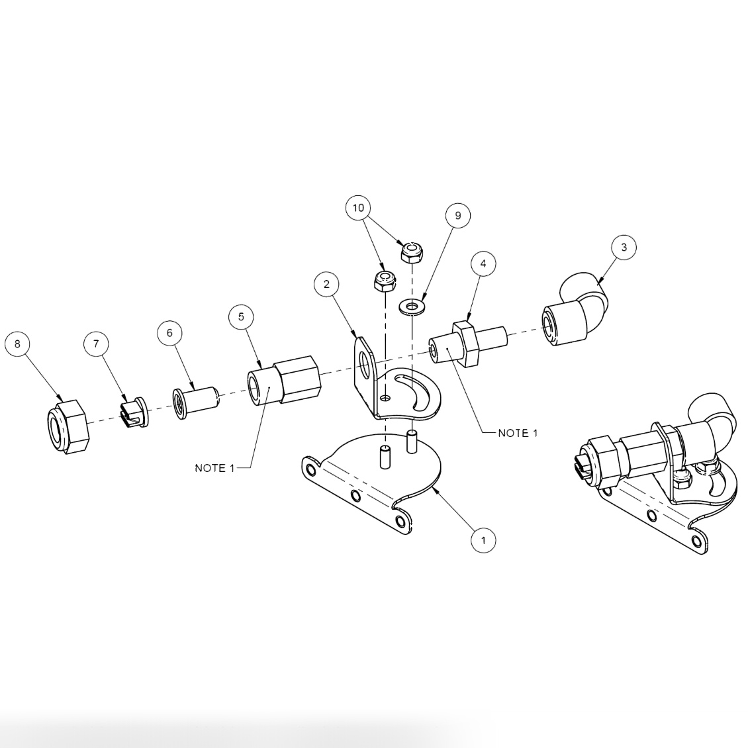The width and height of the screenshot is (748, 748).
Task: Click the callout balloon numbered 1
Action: coord(483,539)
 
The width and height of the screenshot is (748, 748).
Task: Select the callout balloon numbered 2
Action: coord(326,284)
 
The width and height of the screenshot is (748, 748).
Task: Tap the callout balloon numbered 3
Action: coord(624,248)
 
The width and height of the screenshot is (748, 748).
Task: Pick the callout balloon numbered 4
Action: coord(483,263)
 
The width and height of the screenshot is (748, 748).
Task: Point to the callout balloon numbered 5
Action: coord(241,316)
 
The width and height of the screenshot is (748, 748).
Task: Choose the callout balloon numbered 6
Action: coord(169,333)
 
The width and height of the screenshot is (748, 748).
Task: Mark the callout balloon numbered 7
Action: coord(96,344)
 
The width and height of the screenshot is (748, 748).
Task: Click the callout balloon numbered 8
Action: coord(17,344)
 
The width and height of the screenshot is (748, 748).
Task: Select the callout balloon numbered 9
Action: coord(457,215)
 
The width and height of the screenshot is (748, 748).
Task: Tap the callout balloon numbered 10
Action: coord(358,208)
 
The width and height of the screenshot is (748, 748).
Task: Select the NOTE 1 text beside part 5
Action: coord(214,468)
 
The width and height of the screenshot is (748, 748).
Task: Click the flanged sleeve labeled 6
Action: coord(195,401)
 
